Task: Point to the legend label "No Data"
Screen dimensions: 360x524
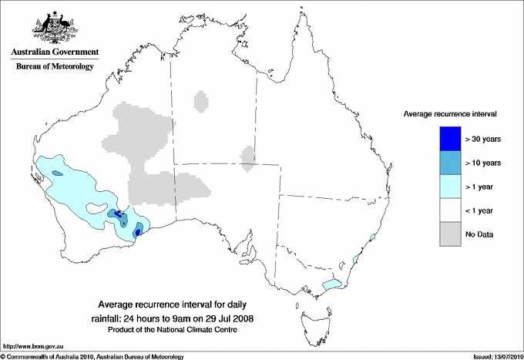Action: pyautogui.click(x=479, y=234)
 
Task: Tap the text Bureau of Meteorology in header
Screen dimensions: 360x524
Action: pyautogui.click(x=55, y=66)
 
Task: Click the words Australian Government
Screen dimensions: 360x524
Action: pyautogui.click(x=55, y=52)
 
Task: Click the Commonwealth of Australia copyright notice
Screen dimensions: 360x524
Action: pyautogui.click(x=92, y=355)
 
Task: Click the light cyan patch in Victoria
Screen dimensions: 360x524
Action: pyautogui.click(x=331, y=284)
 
